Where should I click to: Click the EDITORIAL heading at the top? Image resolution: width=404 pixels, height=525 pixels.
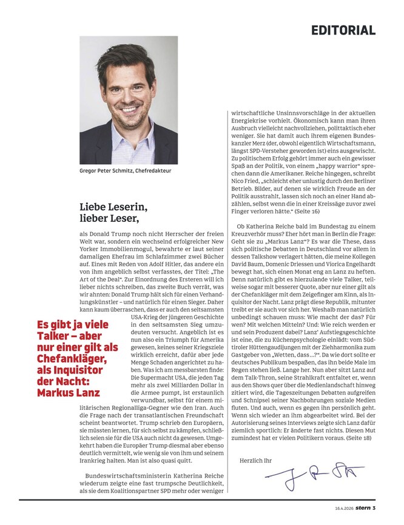click(x=343, y=30)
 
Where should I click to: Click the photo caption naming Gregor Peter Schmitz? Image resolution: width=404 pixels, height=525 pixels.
click(x=126, y=171)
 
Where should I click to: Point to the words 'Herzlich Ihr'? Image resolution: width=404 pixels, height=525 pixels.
click(x=256, y=461)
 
